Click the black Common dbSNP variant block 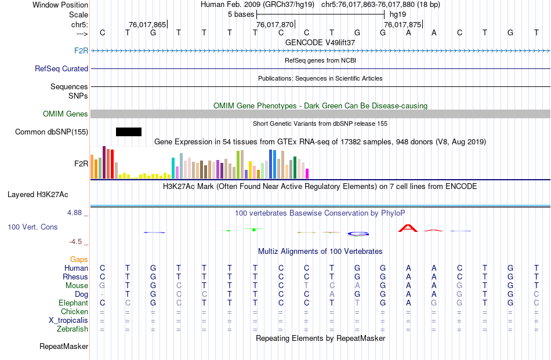pos(129,132)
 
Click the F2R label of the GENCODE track pos(81,51)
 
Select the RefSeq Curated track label pos(61,68)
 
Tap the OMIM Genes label pos(66,114)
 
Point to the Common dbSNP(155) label pos(52,132)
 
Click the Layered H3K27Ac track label pos(38,195)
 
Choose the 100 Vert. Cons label pos(32,227)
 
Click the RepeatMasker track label pos(64,347)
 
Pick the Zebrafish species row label pos(72,329)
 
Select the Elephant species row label pos(73,303)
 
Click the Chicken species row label pos(74,312)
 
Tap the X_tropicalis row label pos(68,321)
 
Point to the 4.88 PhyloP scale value pos(75,213)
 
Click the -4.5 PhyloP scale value pos(76,242)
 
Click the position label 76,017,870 pos(275,25)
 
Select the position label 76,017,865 pos(147,25)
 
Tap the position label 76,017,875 pos(403,25)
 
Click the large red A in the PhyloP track pos(408,228)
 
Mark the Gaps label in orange pos(79,260)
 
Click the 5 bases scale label pos(240,14)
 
